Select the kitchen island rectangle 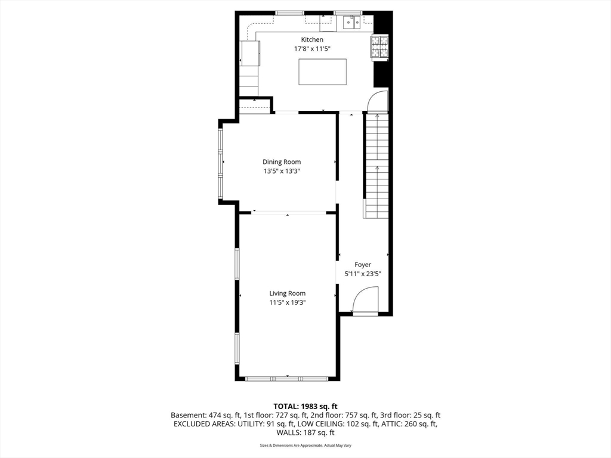point(323,72)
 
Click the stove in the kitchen point(379,48)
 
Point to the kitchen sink point(350,23)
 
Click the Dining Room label point(282,162)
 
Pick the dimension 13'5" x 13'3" point(282,171)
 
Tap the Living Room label point(287,293)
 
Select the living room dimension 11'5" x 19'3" point(287,302)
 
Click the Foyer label point(363,265)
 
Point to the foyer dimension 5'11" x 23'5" point(363,274)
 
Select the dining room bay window point(220,163)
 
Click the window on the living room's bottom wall point(287,378)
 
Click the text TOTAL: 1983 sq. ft point(305,405)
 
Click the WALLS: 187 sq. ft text point(305,433)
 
